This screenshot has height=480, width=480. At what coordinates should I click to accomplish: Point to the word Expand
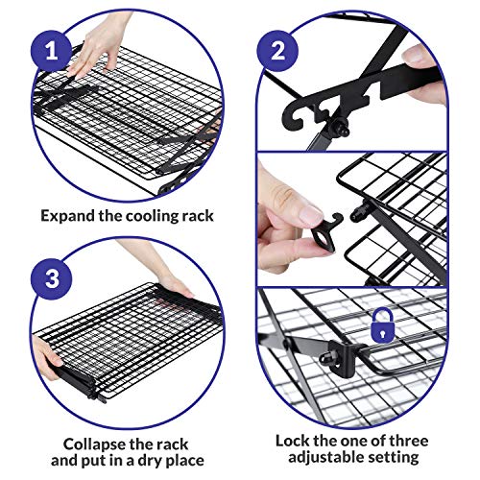coord(69,216)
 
